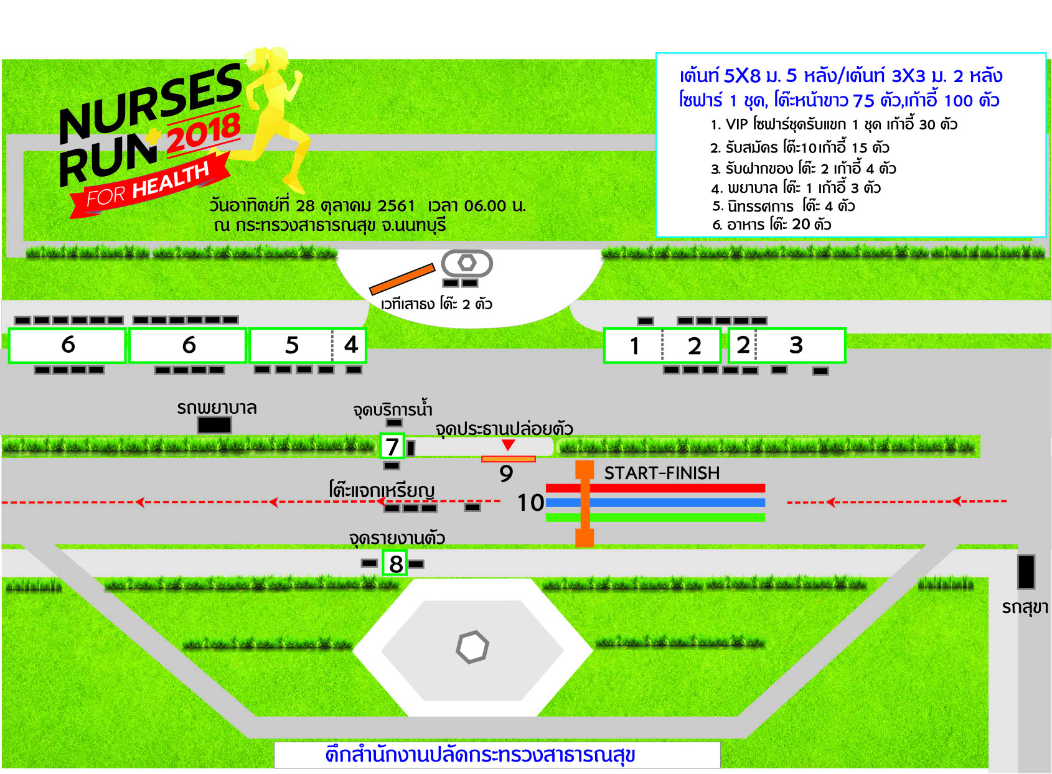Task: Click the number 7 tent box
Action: point(392,446)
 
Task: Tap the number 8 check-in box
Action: point(395,563)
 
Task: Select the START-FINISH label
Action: point(662,473)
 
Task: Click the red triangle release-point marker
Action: point(508,444)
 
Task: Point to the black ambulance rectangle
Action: point(214,425)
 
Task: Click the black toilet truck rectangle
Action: point(1026,572)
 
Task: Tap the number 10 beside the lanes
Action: point(530,503)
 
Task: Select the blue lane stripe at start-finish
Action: point(655,503)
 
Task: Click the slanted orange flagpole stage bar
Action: point(402,279)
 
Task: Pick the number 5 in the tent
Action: point(292,345)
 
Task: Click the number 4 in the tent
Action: point(351,345)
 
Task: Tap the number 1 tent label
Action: point(634,347)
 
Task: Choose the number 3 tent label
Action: point(796,345)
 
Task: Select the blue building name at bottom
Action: point(479,755)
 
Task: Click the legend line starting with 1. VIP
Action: point(834,124)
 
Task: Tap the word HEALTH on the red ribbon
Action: point(171,180)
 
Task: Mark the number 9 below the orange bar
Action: point(506,473)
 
